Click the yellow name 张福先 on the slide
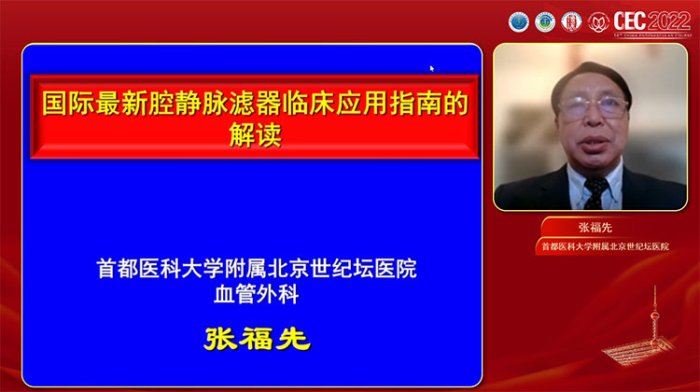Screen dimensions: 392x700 [257, 338]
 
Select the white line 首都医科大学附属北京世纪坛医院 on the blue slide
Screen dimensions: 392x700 [256, 269]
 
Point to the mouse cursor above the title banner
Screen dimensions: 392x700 [432, 68]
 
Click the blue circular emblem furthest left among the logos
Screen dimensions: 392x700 [518, 21]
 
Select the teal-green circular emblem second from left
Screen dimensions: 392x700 [544, 21]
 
